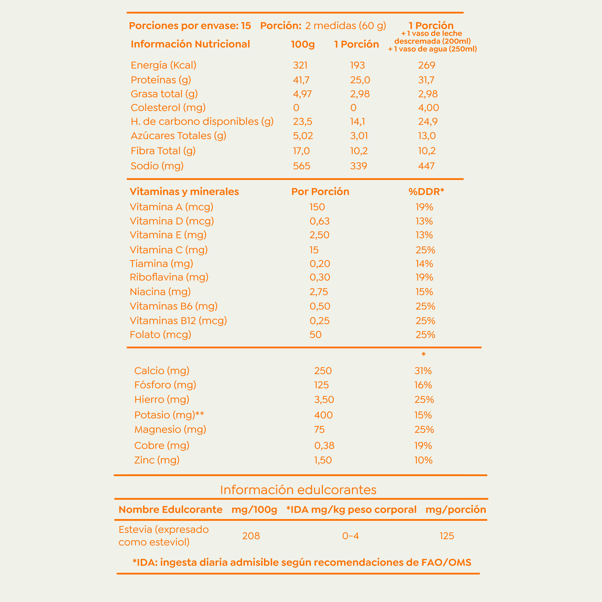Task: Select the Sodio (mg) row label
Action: pyautogui.click(x=157, y=166)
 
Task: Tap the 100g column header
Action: pyautogui.click(x=303, y=44)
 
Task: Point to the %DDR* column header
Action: pyautogui.click(x=426, y=191)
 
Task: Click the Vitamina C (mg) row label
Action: pyautogui.click(x=169, y=250)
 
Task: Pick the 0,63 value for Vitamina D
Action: pyautogui.click(x=319, y=221)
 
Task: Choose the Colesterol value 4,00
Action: pyautogui.click(x=428, y=108)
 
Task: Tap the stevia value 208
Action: pyautogui.click(x=251, y=536)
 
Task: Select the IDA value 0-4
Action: pyautogui.click(x=350, y=536)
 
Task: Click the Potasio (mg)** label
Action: pyautogui.click(x=169, y=415)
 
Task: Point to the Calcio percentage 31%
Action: pyautogui.click(x=423, y=371)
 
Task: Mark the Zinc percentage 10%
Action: pyautogui.click(x=423, y=460)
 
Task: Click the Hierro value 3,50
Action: pyautogui.click(x=324, y=399)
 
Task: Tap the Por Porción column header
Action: pyautogui.click(x=320, y=191)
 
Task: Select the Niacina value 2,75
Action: pyautogui.click(x=319, y=292)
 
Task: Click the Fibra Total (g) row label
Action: pyautogui.click(x=163, y=151)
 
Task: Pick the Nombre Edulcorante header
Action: pyautogui.click(x=170, y=509)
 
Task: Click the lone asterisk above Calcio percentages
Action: pyautogui.click(x=424, y=354)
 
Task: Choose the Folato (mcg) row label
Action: pyautogui.click(x=161, y=335)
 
